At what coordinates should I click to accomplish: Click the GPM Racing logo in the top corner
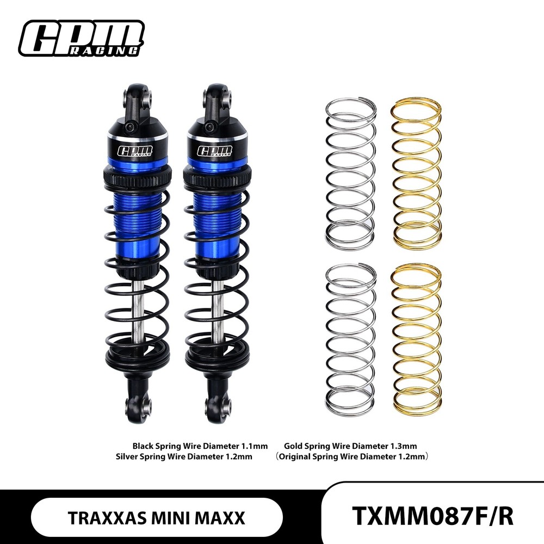[81, 38]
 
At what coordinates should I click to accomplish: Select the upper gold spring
[416, 173]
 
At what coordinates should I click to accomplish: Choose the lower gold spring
[416, 340]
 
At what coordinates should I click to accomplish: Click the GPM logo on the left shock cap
[135, 151]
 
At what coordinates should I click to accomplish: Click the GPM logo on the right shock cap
[214, 151]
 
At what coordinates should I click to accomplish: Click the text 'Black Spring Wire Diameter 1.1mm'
[200, 446]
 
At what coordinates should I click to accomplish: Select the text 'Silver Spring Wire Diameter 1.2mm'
[184, 456]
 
